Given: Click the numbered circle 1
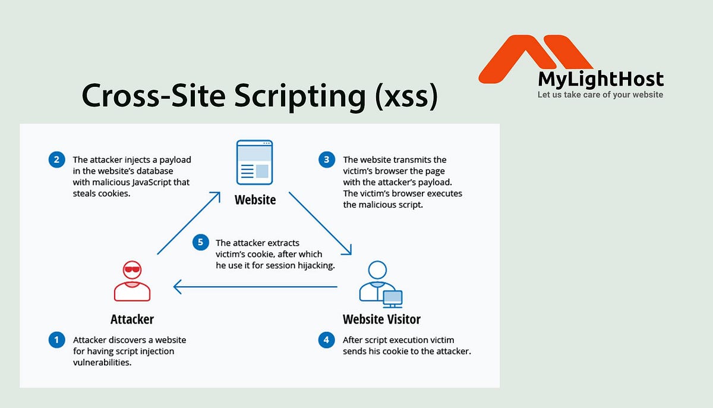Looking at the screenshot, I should (x=56, y=340).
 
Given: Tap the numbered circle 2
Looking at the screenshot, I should (x=56, y=159).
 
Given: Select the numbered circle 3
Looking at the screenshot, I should (x=326, y=159).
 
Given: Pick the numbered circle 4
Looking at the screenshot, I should (x=326, y=340).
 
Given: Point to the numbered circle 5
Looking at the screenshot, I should (x=201, y=242).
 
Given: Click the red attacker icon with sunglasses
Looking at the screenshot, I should (x=132, y=283).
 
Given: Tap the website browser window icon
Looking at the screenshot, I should (x=255, y=162).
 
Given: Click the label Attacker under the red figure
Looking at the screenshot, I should (x=132, y=319).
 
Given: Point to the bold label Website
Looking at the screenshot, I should (x=255, y=199).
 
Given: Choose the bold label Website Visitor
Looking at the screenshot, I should (x=381, y=319).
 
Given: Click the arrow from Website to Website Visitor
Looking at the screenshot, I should (x=321, y=223).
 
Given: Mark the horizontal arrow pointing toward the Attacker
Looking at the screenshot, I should (x=255, y=288).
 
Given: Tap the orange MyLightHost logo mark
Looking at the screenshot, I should (x=535, y=57).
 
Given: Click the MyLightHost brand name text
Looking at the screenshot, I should (x=601, y=80).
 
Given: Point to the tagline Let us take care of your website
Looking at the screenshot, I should (x=600, y=95).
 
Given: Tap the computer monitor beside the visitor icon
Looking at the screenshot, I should (x=392, y=297).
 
